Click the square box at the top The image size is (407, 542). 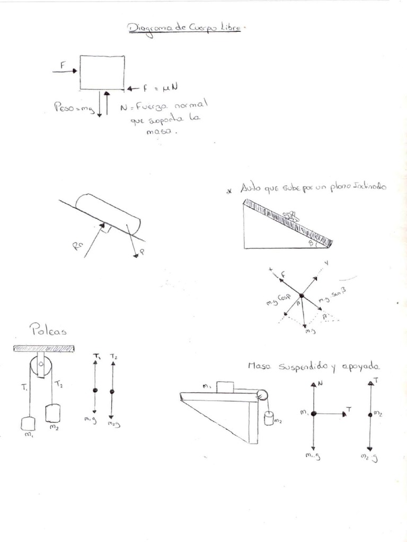[x=102, y=73]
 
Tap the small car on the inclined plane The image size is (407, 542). [x=290, y=215]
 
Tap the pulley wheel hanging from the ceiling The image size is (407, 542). [x=40, y=366]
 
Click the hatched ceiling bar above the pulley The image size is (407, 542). [x=43, y=348]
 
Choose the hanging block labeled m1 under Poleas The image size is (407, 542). [x=28, y=423]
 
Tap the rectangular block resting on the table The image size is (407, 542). [x=225, y=387]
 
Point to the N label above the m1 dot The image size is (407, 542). [x=321, y=382]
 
